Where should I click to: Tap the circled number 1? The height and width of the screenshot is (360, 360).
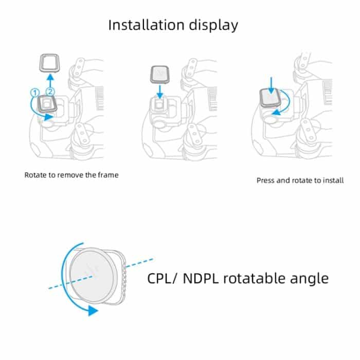click(x=35, y=92)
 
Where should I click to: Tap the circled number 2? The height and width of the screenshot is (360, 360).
click(x=50, y=92)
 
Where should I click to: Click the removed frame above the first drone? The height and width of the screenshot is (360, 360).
click(x=50, y=64)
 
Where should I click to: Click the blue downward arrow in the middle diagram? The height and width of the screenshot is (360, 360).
click(x=160, y=91)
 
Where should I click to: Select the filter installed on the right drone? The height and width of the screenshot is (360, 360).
click(x=270, y=97)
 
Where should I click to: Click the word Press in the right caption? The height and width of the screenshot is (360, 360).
click(x=266, y=181)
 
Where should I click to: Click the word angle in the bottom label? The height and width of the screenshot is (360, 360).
click(x=309, y=279)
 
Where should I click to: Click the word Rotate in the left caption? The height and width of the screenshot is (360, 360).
click(x=34, y=175)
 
